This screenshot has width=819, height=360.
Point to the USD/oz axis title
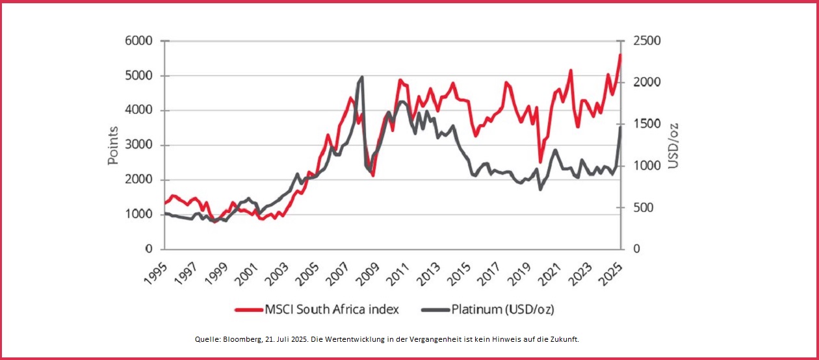pos(673,145)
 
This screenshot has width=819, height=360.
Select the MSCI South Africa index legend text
pos(331,309)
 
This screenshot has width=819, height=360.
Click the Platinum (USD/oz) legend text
pos(502,309)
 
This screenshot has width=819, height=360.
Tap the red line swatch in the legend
pos(248,309)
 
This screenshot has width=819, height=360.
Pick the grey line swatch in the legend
pos(435,309)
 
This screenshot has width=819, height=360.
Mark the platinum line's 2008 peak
pos(361,77)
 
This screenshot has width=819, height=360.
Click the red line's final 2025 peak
pos(620,55)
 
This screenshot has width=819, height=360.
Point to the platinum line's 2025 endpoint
pos(621,127)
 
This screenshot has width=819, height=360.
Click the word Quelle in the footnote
pos(206,340)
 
